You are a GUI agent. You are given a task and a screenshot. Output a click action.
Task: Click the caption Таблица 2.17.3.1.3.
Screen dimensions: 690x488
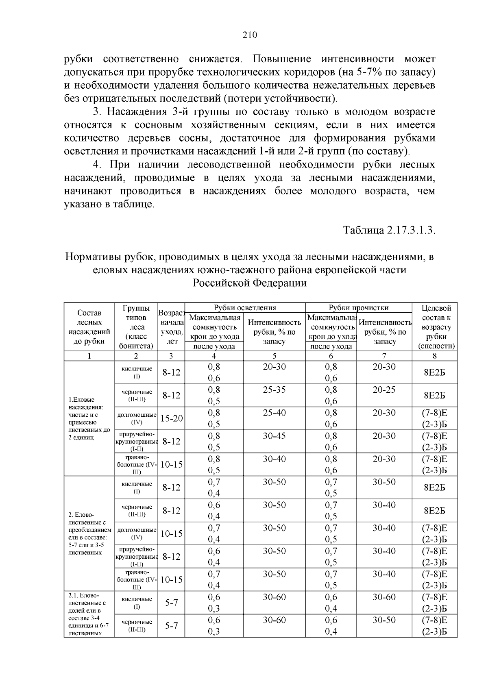point(389,230)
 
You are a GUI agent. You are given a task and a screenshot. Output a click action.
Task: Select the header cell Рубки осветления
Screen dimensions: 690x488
point(245,308)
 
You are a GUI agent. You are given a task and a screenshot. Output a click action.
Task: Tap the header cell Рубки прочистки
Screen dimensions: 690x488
point(358,308)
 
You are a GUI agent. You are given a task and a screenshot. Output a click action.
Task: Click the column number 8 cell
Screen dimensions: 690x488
point(434,356)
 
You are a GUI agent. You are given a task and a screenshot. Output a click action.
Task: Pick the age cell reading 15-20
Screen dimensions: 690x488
point(171,418)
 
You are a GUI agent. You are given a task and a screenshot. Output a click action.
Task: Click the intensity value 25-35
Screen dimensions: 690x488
point(274,390)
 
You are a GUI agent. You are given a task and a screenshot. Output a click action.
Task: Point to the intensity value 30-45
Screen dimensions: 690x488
point(274,436)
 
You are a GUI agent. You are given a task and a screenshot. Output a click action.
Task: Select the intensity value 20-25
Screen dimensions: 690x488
point(384,390)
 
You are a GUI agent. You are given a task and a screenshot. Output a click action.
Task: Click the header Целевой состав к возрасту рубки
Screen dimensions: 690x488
point(434,327)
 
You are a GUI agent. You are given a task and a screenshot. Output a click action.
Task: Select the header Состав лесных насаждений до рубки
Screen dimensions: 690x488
point(89,327)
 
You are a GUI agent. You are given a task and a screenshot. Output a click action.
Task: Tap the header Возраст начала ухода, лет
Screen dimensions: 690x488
point(171,327)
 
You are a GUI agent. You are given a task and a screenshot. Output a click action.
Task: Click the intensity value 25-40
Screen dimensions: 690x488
point(274,413)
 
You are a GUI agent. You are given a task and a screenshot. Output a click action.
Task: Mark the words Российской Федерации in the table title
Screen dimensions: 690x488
point(249,283)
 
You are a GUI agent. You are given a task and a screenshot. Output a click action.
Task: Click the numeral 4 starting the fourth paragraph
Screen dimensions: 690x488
point(96,165)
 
